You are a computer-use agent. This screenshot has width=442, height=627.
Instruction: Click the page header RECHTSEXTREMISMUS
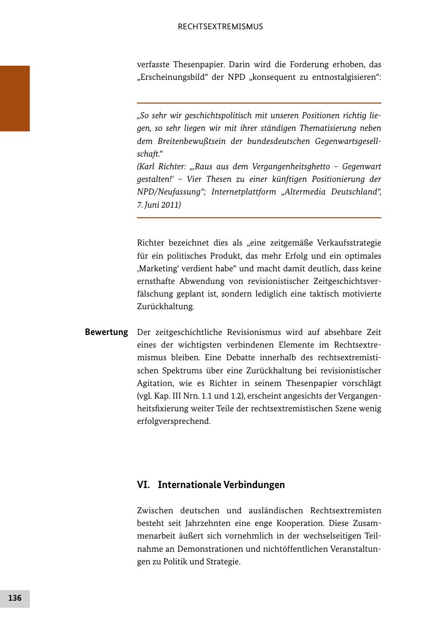coord(220,27)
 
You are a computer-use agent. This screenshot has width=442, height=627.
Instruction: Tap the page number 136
coord(15,598)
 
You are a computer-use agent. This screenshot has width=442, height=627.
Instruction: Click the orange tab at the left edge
coord(15,99)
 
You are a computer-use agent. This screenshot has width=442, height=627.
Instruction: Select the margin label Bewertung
coord(106,332)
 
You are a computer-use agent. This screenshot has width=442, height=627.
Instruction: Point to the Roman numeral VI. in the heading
coord(143,485)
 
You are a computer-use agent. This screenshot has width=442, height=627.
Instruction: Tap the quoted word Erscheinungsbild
coord(169,78)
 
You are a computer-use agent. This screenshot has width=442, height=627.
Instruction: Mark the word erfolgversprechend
coord(174,421)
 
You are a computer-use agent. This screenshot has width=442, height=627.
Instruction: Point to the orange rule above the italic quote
coord(259,103)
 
